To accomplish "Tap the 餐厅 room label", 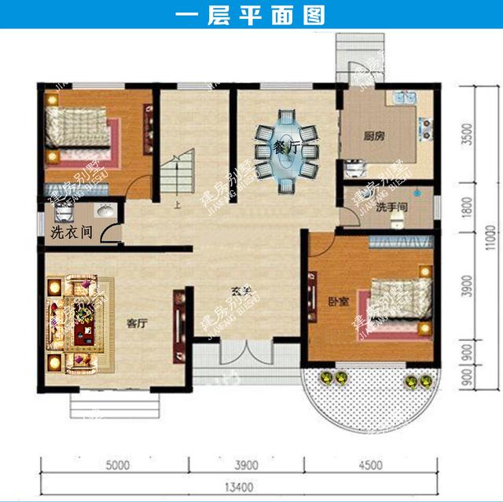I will [286, 148].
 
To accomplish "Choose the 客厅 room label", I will [138, 322].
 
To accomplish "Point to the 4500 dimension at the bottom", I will [376, 463].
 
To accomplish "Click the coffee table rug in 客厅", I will [81, 322].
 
